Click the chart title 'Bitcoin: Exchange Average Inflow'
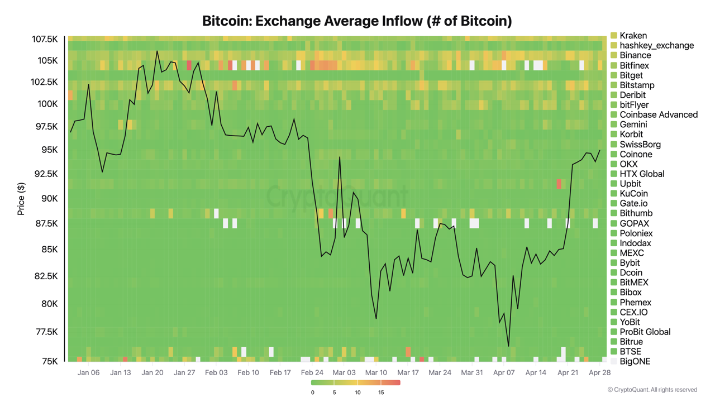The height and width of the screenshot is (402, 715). click(x=357, y=21)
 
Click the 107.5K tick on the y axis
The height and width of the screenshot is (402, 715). click(x=45, y=39)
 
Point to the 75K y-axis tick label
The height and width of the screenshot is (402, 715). click(x=49, y=361)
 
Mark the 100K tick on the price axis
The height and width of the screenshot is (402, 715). click(x=47, y=104)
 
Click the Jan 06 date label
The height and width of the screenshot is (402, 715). click(x=89, y=372)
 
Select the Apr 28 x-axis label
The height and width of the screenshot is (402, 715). click(x=599, y=372)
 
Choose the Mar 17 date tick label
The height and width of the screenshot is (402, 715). click(x=408, y=372)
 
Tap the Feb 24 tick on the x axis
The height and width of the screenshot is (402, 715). click(x=312, y=372)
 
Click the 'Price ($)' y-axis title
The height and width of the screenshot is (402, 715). click(x=21, y=198)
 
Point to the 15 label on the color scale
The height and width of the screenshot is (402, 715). click(x=381, y=393)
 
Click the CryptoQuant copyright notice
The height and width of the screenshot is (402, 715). click(x=652, y=390)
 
